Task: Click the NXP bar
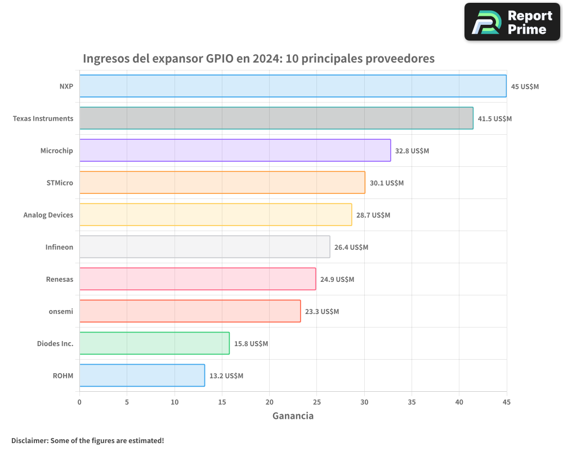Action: pos(293,86)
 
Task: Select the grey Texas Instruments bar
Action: pos(276,118)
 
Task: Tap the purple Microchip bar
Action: pos(235,151)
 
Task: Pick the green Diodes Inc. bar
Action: pos(154,343)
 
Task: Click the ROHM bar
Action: pos(142,375)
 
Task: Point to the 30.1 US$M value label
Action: pos(387,183)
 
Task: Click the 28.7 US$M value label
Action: pos(373,215)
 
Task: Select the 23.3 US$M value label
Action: pos(322,311)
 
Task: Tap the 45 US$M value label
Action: pos(525,86)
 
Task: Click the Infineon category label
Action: pos(59,247)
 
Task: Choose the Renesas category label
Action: pos(60,279)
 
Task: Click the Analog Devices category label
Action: pos(48,215)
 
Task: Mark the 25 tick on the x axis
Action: pos(316,402)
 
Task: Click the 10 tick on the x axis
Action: pos(175,402)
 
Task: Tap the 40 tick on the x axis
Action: pos(459,402)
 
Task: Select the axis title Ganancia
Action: pos(293,416)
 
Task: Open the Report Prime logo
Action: pos(512,22)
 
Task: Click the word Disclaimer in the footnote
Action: pos(29,440)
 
